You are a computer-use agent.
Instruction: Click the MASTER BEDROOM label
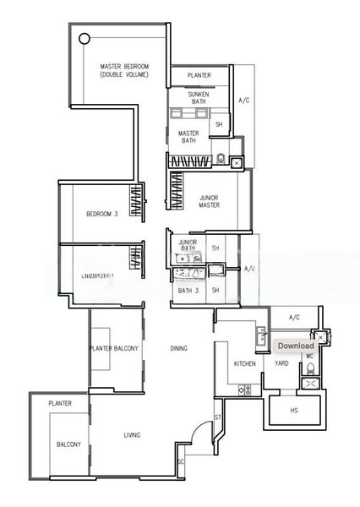click(x=124, y=70)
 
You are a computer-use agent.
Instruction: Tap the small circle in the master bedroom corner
click(x=84, y=38)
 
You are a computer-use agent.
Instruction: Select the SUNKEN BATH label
click(x=199, y=97)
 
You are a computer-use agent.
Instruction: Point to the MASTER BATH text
click(x=188, y=137)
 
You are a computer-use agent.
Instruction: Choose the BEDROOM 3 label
click(x=101, y=214)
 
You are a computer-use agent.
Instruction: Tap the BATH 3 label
click(x=187, y=291)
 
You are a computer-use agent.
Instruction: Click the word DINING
click(x=178, y=347)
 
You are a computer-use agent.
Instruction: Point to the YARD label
click(x=281, y=363)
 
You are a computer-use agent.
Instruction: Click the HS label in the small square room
click(x=294, y=410)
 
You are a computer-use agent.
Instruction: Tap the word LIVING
click(x=132, y=435)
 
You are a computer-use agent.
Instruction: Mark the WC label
click(x=308, y=356)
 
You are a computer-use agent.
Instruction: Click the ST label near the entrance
click(x=217, y=418)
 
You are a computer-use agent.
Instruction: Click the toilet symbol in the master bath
click(x=221, y=158)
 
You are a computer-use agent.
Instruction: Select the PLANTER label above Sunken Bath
click(x=199, y=76)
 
